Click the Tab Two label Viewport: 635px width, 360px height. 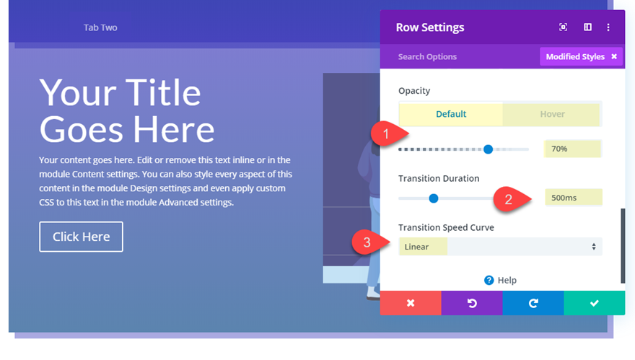(x=100, y=27)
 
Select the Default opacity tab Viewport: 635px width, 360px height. (x=451, y=114)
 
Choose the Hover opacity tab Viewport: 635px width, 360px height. (x=552, y=114)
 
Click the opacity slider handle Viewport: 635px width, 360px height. (x=488, y=149)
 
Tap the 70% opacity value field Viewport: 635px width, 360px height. (x=573, y=149)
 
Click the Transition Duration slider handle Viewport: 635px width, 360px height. (x=434, y=198)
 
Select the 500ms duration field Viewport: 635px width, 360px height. (x=573, y=198)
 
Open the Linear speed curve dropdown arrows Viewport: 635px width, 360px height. (x=594, y=247)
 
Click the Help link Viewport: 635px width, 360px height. (x=500, y=280)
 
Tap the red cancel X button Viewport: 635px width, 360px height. (x=411, y=303)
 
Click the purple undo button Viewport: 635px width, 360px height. (x=472, y=303)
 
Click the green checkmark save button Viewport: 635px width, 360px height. (x=594, y=303)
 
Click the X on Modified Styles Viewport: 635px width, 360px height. (x=614, y=57)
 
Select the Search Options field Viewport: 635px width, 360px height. (x=427, y=57)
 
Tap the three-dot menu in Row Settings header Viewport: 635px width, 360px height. (x=608, y=27)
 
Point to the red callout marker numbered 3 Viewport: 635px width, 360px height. (x=369, y=242)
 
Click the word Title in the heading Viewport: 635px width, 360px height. (x=163, y=93)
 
